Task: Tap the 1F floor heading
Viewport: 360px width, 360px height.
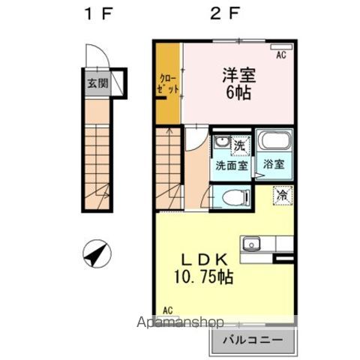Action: point(98,14)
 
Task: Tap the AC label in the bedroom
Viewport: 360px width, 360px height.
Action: point(283,55)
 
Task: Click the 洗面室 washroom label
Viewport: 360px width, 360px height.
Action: point(232,166)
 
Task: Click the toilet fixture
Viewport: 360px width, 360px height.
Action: point(235,199)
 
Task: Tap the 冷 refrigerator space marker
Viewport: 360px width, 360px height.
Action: point(283,194)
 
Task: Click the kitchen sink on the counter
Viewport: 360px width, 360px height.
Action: point(250,243)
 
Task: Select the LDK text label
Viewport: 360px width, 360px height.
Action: point(202,257)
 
